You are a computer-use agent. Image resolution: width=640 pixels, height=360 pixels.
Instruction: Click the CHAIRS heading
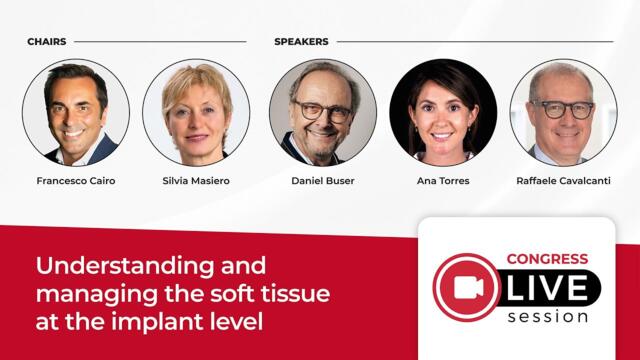coord(46,42)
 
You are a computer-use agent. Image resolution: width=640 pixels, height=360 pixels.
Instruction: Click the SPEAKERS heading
coord(301,42)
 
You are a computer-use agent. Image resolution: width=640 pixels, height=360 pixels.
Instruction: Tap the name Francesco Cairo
coord(76,182)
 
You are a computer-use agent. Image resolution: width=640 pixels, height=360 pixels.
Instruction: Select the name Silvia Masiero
coord(196,182)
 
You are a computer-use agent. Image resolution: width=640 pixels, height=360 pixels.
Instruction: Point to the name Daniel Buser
coord(323,182)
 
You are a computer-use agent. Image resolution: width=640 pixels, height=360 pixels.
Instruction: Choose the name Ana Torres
coord(443,182)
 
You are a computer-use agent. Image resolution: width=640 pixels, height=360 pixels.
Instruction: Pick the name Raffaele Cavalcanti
coord(563,182)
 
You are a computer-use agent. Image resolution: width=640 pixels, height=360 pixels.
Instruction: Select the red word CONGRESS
coord(547,258)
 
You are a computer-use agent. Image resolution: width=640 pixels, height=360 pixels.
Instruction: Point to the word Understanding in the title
coord(112,266)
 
